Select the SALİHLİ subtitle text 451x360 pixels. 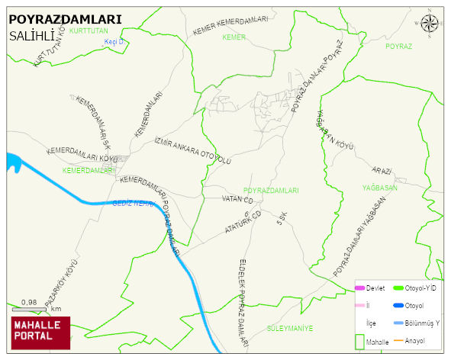[31, 36]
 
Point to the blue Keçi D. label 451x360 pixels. [114, 43]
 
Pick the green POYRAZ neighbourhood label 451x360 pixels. [398, 47]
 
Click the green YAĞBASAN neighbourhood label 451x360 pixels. [382, 188]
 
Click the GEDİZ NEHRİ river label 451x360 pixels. [134, 203]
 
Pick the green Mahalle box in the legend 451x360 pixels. [359, 342]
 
